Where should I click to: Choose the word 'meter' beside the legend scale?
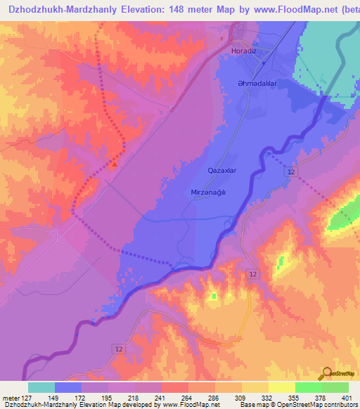point(11,397)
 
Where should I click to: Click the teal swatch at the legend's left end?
point(41,387)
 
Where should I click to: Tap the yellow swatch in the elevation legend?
point(282,387)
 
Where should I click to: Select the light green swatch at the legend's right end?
point(335,387)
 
